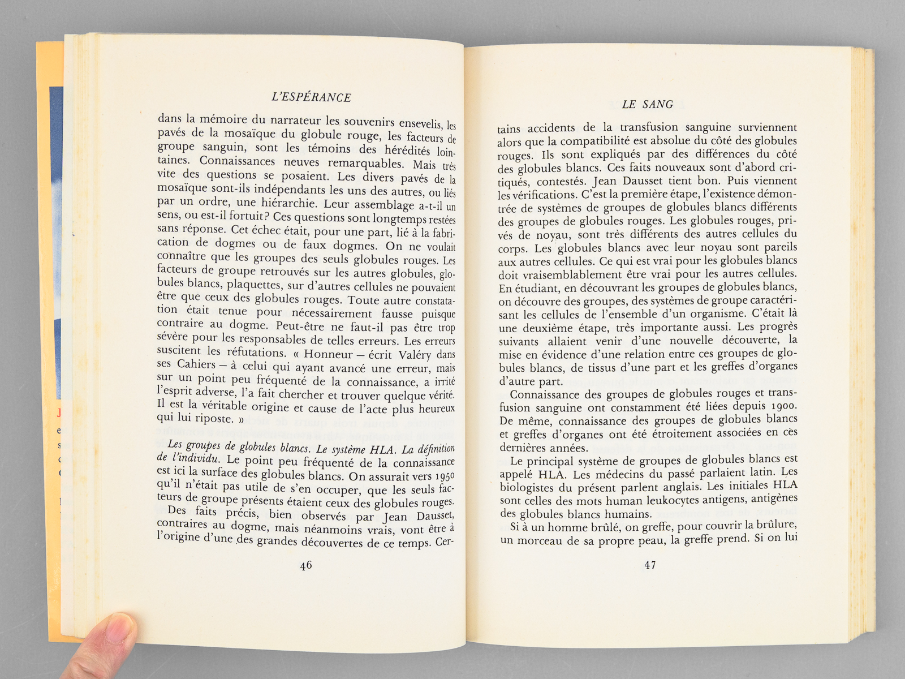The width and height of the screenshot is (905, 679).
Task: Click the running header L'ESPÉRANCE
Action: coord(312,97)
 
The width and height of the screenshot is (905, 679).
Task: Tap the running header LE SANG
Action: coord(648,105)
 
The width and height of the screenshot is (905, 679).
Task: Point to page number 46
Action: coord(306,565)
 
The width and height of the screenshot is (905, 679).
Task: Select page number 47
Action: coord(650,565)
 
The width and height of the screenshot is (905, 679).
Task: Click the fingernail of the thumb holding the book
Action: coord(117,629)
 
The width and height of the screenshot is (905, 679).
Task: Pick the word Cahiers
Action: coord(196,364)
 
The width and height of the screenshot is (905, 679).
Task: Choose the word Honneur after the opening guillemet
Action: coord(328,354)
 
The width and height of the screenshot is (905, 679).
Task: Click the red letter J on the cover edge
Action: coord(59,413)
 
